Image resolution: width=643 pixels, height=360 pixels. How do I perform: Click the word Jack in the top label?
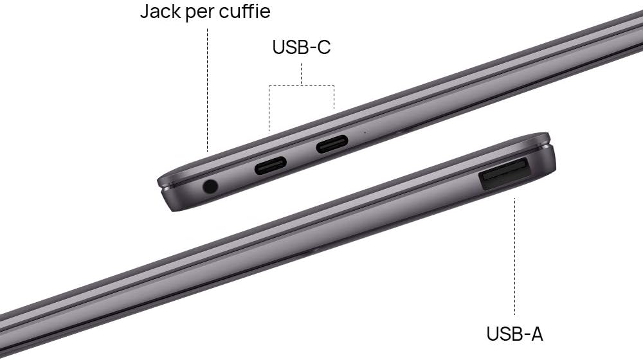pos(160,11)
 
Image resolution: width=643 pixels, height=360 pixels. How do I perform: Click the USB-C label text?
pos(302,47)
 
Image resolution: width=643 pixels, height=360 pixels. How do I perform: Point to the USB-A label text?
pos(514,334)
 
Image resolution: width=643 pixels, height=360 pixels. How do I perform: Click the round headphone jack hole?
pos(210,186)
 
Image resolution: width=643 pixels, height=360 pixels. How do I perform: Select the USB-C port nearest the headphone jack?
pos(271,165)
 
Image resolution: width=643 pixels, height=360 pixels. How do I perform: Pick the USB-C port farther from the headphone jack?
pos(332,144)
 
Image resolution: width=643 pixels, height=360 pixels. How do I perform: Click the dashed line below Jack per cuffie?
pos(208,90)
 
